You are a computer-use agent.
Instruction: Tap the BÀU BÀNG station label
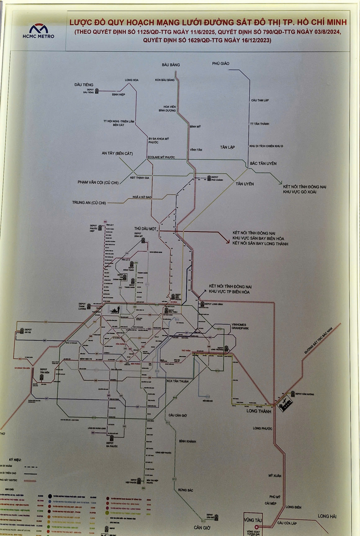[x=170, y=65]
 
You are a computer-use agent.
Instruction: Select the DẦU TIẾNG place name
[x=83, y=85]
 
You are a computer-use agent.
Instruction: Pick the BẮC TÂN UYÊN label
[x=263, y=163]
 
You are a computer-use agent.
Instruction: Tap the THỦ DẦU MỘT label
[x=145, y=228]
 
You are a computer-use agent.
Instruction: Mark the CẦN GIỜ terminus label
[x=204, y=527]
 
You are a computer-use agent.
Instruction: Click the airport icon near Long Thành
[x=285, y=403]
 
